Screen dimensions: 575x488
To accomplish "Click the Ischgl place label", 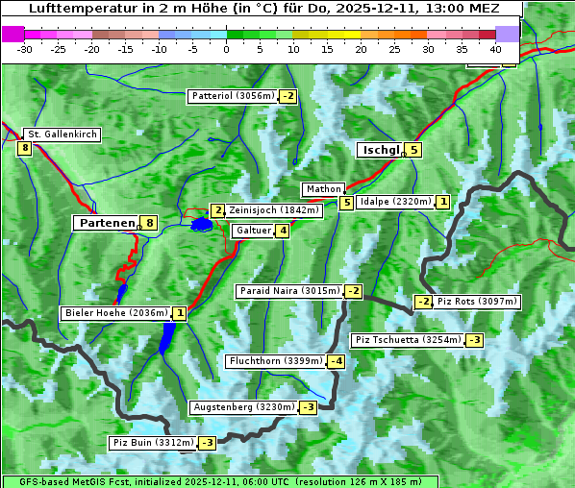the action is (x=379, y=150).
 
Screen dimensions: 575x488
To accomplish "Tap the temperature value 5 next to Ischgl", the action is (x=412, y=150).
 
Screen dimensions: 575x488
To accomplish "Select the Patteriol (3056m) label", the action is (x=234, y=96).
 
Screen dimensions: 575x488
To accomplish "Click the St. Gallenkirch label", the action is (x=62, y=134).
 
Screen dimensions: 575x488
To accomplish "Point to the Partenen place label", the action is (x=106, y=223).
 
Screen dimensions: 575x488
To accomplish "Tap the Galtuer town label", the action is (x=253, y=231).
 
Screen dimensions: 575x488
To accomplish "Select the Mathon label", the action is (x=322, y=189).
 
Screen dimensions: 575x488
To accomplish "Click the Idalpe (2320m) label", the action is (x=394, y=202).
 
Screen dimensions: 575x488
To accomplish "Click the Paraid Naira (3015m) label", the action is (x=288, y=291).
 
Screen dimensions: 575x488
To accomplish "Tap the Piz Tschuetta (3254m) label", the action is (x=408, y=340).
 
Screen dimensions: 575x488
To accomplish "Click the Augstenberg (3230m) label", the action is (x=243, y=407).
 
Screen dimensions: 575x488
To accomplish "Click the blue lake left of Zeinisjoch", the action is (x=201, y=225).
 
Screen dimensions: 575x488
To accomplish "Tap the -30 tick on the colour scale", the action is (x=25, y=49).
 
